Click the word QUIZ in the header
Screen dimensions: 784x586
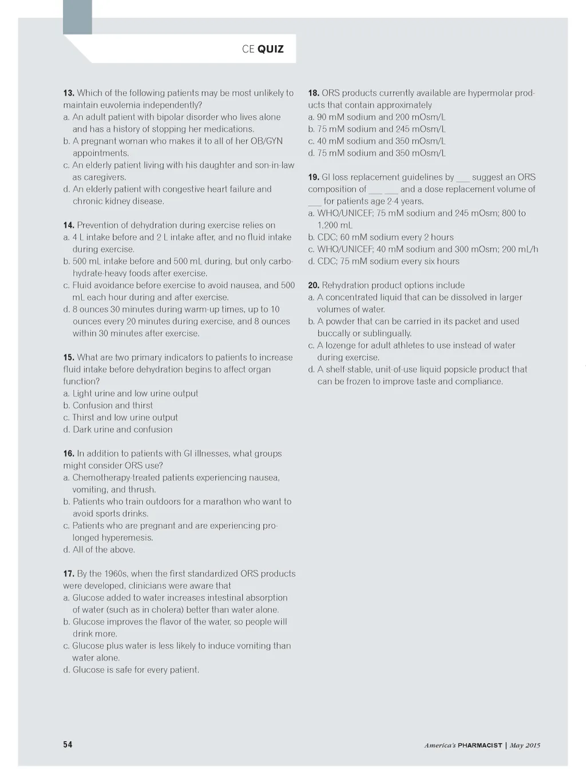coord(270,49)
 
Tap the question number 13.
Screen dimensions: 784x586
coord(69,93)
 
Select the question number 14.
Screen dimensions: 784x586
coord(69,225)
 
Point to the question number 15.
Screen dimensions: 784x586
coord(69,357)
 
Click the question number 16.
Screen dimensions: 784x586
coord(69,453)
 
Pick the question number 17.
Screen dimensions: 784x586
coord(69,573)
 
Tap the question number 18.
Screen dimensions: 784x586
coord(314,93)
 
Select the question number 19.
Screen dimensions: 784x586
coord(314,177)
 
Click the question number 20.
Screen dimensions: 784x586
coord(314,285)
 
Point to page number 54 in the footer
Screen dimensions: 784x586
coord(68,745)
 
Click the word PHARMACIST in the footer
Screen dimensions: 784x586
coord(480,745)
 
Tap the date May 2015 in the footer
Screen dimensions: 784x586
coord(525,745)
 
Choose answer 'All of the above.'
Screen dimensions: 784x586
coord(104,549)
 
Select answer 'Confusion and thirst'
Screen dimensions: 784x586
coord(113,405)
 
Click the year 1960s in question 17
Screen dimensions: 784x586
coord(116,573)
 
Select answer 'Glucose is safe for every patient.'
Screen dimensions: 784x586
coord(136,670)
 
